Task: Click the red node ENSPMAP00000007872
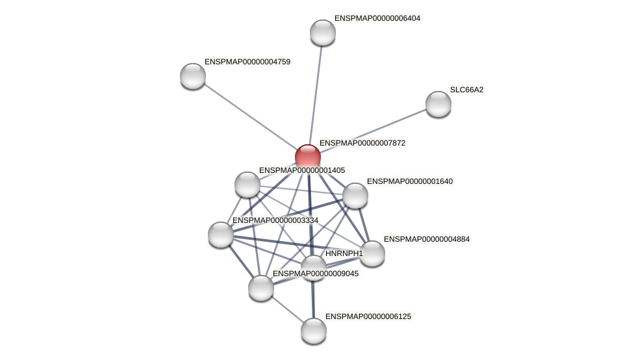coord(308,157)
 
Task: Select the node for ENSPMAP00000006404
coord(322,32)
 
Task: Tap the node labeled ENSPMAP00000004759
coord(193,76)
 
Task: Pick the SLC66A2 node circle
coord(438,104)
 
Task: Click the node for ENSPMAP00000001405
coord(247,185)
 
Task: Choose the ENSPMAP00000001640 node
coord(355,196)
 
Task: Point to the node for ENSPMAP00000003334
coord(221,235)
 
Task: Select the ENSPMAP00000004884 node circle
coord(372,253)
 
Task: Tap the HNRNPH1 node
coord(314,267)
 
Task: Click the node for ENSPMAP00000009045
coord(261,288)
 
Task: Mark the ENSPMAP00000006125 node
coord(314,331)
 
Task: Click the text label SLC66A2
coord(466,90)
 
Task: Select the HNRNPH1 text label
coord(344,253)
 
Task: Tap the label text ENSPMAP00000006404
coord(377,18)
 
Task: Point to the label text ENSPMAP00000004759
coord(247,62)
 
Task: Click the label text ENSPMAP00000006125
coord(368,316)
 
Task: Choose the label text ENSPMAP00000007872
coord(362,143)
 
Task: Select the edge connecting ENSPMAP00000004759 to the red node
coord(250,116)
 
